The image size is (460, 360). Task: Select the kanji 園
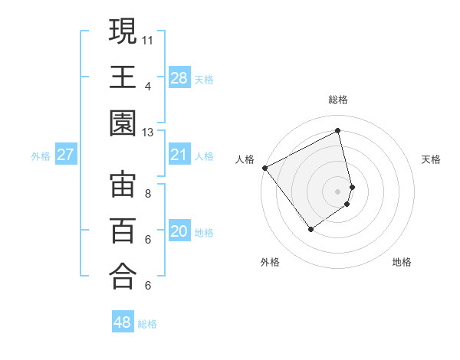[x=123, y=123]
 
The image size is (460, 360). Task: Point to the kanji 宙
[x=123, y=185]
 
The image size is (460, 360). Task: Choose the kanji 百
[x=123, y=231]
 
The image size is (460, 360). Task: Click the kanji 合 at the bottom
[x=123, y=277]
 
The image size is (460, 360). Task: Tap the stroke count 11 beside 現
[x=148, y=38]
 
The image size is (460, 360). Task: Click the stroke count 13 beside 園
[x=148, y=133]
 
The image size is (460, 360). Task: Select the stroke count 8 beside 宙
[x=148, y=193]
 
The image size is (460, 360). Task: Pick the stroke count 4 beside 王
[x=148, y=86]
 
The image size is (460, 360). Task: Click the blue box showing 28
[x=179, y=77]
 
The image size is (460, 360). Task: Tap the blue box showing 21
[x=179, y=155]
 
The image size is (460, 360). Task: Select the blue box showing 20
[x=179, y=231]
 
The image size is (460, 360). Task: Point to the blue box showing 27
[x=65, y=155]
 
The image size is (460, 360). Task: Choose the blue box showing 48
[x=123, y=322]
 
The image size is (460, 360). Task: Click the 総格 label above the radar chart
[x=338, y=100]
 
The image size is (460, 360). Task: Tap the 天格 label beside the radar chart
[x=432, y=159]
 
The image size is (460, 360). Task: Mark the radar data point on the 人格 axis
[x=264, y=167]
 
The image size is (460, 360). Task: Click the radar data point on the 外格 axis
[x=310, y=229]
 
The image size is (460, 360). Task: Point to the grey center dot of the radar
[x=338, y=190]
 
